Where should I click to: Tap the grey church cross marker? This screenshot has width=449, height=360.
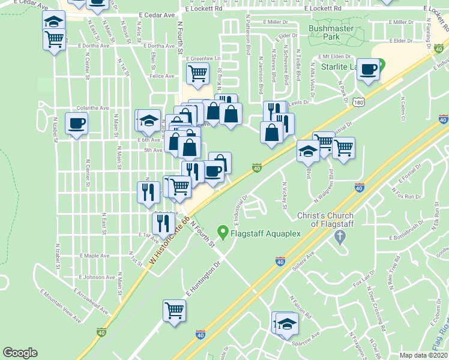click(340, 236)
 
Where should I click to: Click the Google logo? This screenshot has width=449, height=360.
click(20, 353)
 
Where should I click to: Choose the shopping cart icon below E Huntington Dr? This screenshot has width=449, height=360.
click(174, 311)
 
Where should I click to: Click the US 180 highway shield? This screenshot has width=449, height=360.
click(358, 103)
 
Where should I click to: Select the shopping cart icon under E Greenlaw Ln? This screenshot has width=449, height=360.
click(197, 74)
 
